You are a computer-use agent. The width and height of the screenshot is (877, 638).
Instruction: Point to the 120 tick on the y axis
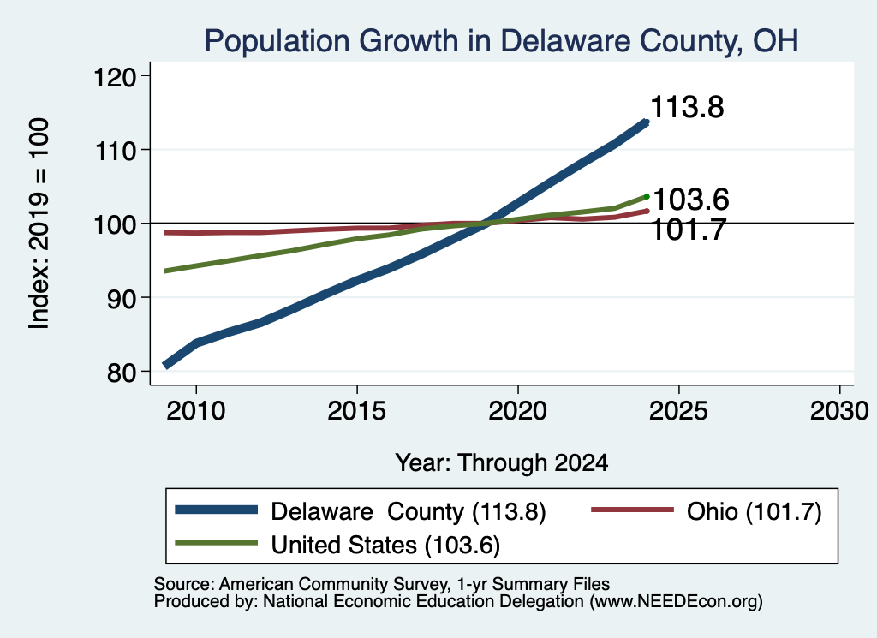click(115, 76)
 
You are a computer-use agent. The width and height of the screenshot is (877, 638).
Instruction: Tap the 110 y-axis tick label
click(115, 151)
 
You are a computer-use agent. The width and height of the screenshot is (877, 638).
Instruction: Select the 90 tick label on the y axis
click(122, 298)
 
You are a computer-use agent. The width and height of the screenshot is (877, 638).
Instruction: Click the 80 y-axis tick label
click(122, 372)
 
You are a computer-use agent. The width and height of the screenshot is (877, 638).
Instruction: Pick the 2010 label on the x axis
click(196, 411)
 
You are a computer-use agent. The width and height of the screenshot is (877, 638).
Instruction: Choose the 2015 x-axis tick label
click(357, 411)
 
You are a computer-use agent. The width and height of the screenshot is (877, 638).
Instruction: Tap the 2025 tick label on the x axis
click(678, 411)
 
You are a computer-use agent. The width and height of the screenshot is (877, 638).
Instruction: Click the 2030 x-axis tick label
click(839, 411)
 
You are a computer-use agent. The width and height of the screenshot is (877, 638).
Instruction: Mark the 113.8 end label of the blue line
click(687, 107)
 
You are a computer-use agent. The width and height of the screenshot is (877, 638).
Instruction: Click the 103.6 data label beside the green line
click(691, 200)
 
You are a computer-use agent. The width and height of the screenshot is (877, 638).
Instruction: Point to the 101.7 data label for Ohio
click(689, 230)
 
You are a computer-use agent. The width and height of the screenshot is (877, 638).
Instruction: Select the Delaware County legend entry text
click(409, 511)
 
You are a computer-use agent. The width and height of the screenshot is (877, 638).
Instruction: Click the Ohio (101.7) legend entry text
click(754, 511)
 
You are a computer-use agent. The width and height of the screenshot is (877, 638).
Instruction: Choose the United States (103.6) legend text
click(385, 545)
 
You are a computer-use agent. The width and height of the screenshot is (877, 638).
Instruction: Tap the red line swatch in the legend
click(632, 510)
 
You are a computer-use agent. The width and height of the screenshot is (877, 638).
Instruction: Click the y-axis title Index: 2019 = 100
click(39, 224)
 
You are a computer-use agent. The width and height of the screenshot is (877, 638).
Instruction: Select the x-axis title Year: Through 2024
click(502, 463)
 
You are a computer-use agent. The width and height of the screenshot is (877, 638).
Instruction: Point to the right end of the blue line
click(647, 122)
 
